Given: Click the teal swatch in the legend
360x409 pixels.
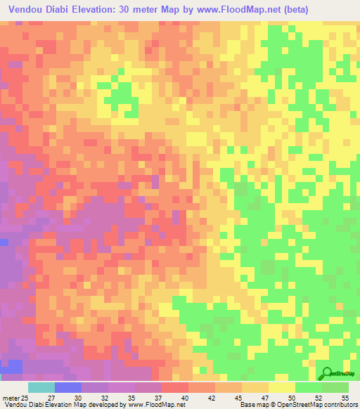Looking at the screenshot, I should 41,387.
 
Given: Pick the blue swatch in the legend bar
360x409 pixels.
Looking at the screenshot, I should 67,387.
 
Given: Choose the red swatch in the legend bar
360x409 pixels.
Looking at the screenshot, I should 174,387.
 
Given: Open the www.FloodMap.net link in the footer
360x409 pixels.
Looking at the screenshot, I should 151,404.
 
